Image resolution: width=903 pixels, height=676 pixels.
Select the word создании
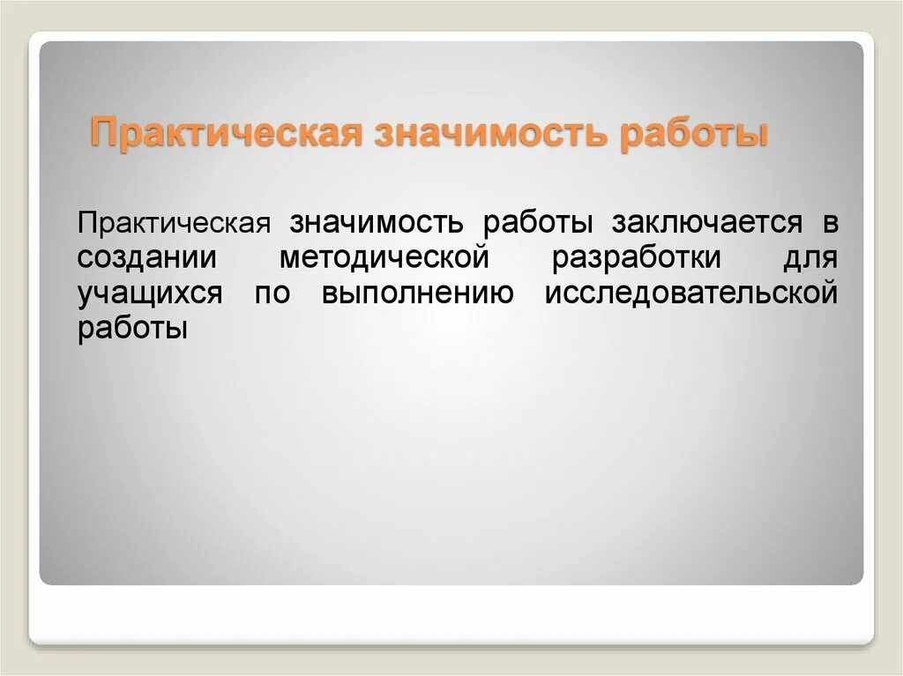point(146,258)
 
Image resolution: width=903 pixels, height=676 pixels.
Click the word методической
point(384,258)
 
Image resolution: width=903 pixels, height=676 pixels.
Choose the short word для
point(809,258)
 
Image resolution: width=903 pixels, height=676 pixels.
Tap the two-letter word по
point(272,293)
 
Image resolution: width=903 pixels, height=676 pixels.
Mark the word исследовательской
point(690,293)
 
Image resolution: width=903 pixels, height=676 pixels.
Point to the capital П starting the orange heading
point(105,136)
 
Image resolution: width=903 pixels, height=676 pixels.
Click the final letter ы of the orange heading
point(755,137)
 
